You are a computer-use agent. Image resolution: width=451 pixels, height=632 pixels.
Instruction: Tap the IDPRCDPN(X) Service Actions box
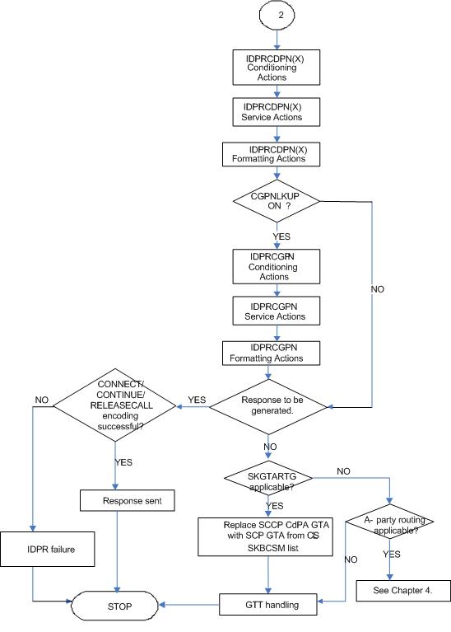[x=272, y=112]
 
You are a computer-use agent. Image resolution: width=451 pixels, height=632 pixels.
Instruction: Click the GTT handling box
[x=271, y=606]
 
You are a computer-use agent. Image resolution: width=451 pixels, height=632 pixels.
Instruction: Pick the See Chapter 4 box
[x=390, y=590]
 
